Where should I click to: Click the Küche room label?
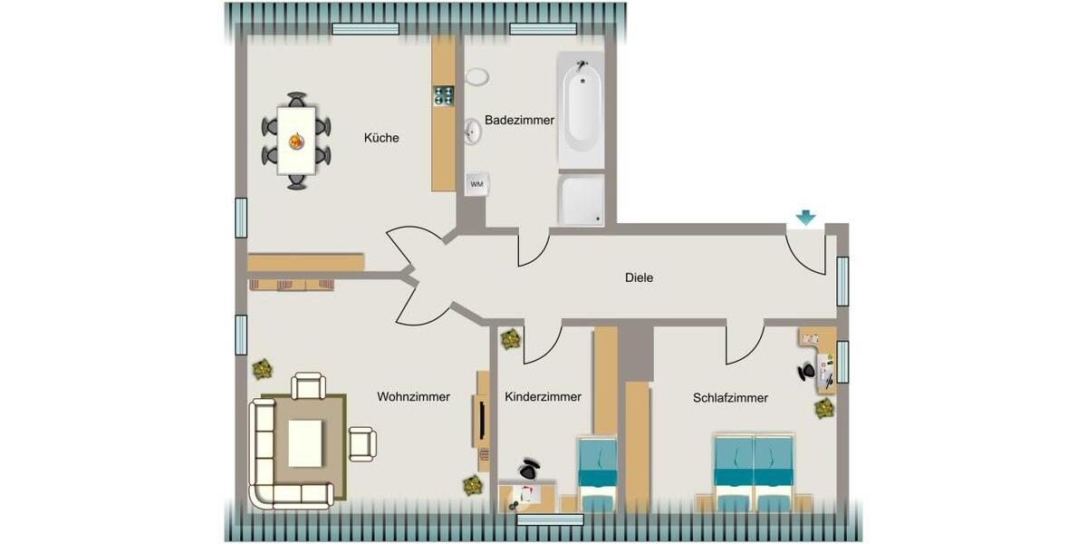point(381,138)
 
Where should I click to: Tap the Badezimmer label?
point(519,120)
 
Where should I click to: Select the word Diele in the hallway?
point(639,277)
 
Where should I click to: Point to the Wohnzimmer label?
point(413,396)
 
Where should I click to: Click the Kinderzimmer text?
point(543,396)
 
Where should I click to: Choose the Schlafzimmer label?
point(730,397)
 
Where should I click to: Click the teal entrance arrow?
point(805,218)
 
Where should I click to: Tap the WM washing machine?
point(476,184)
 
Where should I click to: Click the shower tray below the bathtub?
point(581,199)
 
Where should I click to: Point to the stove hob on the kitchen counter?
point(443,95)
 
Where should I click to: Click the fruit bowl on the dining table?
point(296,141)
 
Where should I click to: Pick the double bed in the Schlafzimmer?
point(754,472)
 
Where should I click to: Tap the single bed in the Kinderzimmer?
point(598,473)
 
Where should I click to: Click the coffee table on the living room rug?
point(305,443)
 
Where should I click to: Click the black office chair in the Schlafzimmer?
point(806,371)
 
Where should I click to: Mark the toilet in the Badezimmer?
point(476,76)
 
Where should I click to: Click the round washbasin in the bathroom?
point(472,132)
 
